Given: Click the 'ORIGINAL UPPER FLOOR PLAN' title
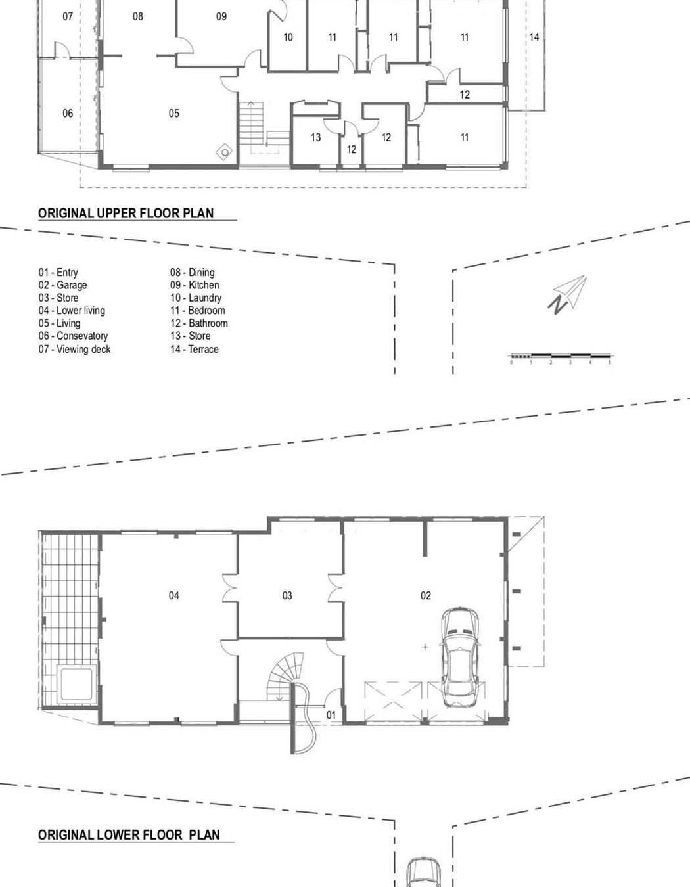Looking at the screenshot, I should click(126, 213).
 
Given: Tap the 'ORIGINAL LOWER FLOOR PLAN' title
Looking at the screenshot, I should click(129, 834).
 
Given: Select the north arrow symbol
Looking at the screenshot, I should click(567, 294).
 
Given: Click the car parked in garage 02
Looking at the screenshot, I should click(462, 656).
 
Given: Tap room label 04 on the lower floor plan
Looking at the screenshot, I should click(173, 595).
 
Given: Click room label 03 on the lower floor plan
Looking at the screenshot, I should click(287, 595).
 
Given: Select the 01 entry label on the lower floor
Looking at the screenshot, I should click(331, 715).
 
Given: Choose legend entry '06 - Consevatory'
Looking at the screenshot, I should click(73, 336).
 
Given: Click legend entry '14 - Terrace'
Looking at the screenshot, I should click(195, 349).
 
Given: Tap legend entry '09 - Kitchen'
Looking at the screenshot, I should click(195, 285).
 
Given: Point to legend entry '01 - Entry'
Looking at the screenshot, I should click(58, 272).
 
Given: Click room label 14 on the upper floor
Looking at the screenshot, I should click(534, 37).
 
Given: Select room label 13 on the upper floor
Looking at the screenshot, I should click(315, 137).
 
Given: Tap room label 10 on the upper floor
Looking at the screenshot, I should click(288, 37).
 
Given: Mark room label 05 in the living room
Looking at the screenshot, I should click(173, 113).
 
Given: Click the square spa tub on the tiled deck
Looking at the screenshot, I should click(78, 683).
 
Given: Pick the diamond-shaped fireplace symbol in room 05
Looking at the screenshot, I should click(225, 152).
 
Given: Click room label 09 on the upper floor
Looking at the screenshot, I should click(221, 16).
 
